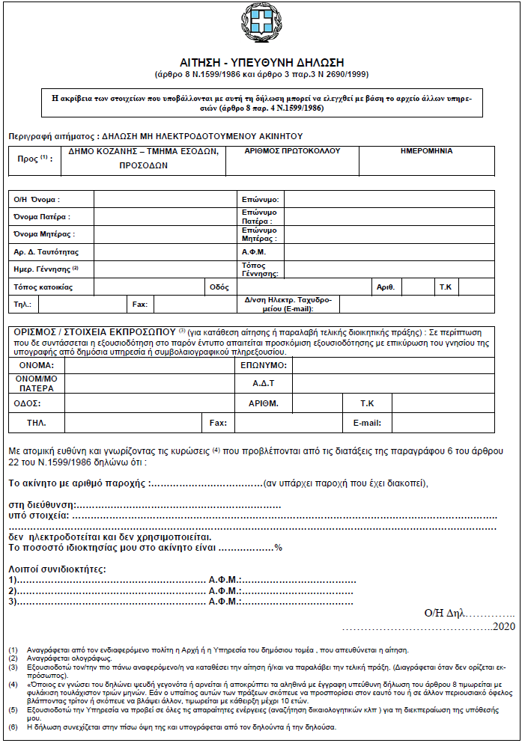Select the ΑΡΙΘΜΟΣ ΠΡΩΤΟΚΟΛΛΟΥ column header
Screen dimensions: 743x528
[292, 151]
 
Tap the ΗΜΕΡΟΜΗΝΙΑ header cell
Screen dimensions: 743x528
[427, 151]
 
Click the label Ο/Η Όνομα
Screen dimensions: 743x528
[37, 200]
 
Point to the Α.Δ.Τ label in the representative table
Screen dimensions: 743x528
[264, 382]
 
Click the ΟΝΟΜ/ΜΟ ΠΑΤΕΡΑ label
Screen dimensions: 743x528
[36, 383]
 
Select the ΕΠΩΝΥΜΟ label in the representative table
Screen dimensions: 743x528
[264, 364]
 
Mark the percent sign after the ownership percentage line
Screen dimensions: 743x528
[278, 548]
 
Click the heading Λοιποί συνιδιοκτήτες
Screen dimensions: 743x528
[57, 569]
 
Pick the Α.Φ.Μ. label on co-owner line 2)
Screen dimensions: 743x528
[223, 591]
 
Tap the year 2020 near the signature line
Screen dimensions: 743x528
[506, 626]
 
